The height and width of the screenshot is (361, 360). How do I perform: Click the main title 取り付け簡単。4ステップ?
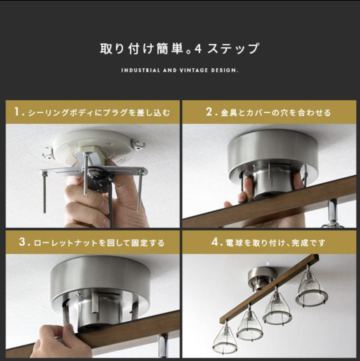179,49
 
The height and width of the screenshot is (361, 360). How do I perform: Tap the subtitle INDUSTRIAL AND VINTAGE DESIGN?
180,70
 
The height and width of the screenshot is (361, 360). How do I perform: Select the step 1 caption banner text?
92,112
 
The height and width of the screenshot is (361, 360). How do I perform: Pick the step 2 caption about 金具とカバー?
268,112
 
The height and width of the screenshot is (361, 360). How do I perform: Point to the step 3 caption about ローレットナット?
92,243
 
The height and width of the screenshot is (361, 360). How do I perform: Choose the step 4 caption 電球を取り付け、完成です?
268,243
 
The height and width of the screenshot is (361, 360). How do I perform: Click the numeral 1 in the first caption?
17,112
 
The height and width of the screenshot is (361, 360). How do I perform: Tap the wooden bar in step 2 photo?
269,203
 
